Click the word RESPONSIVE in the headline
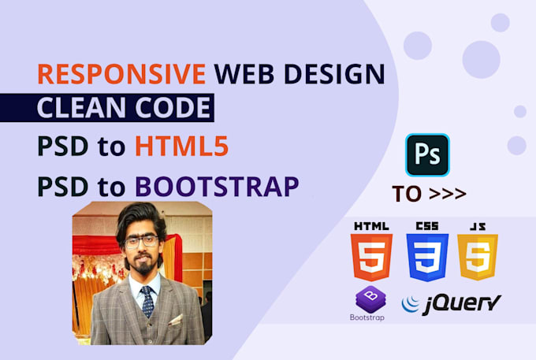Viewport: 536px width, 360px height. tap(121, 75)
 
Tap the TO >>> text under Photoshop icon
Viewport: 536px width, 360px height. tap(428, 194)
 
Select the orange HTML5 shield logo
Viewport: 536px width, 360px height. tap(370, 256)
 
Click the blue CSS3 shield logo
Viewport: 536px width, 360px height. tap(426, 256)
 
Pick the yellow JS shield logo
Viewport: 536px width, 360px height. tap(478, 256)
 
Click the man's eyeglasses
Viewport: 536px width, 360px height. tap(141, 242)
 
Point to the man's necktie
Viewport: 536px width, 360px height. tap(147, 301)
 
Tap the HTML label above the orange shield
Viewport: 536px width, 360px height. tap(370, 226)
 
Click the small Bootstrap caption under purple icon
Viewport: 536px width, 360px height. tap(369, 319)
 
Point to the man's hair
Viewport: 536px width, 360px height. tap(140, 217)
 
